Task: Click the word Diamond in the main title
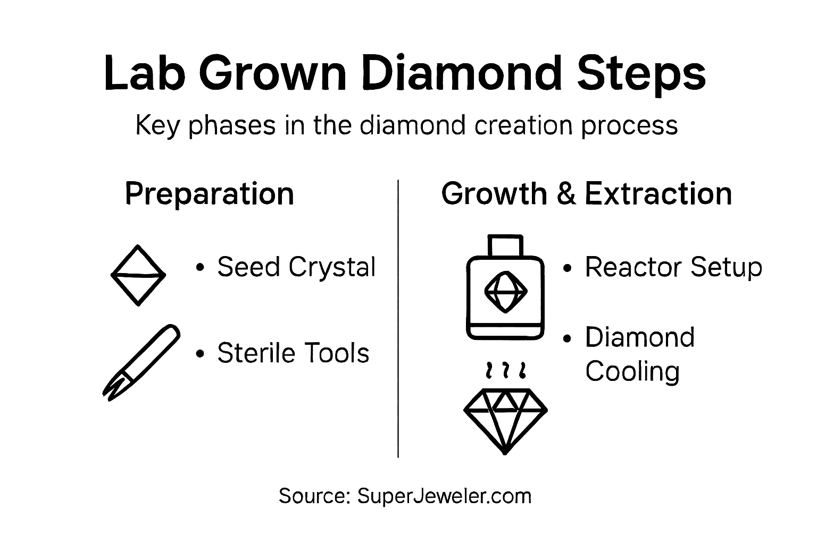click(x=462, y=73)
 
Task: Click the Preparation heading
click(x=209, y=193)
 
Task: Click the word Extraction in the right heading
click(x=658, y=193)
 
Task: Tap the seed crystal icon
click(x=138, y=275)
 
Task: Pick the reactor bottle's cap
click(x=505, y=245)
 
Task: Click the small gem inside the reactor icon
click(x=505, y=291)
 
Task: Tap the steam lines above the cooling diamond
click(x=505, y=370)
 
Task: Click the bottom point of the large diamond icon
click(x=505, y=452)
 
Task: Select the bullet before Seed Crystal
click(x=200, y=267)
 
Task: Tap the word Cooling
click(x=632, y=371)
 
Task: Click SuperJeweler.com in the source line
click(x=444, y=496)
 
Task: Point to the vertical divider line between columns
click(x=398, y=319)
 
